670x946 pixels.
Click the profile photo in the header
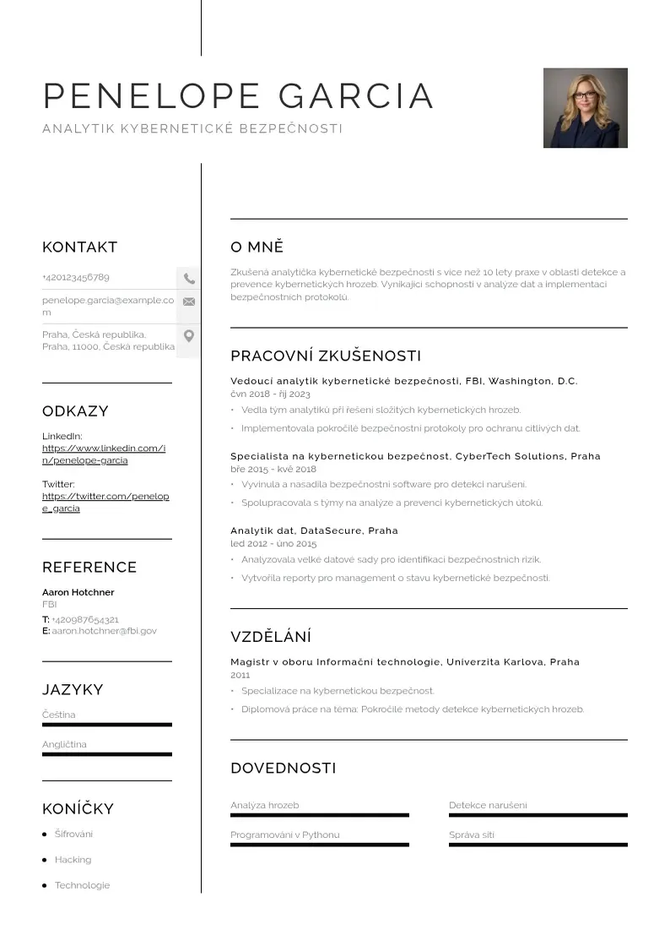click(x=585, y=108)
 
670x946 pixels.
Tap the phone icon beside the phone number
click(x=189, y=278)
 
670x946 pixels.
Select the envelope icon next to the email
click(x=189, y=302)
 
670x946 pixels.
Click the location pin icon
click(x=189, y=336)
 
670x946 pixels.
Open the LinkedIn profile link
click(x=104, y=454)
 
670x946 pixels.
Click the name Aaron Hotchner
click(x=78, y=592)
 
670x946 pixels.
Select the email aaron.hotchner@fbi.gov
click(x=105, y=631)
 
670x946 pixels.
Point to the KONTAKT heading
click(x=79, y=247)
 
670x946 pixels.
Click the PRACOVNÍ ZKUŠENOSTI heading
click(x=326, y=356)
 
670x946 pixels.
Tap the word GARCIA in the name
click(x=356, y=96)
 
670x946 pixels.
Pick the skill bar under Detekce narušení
click(x=538, y=815)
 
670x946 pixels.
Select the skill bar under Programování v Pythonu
click(x=319, y=845)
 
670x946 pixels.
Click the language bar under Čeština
click(x=106, y=725)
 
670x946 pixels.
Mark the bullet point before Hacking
click(x=45, y=860)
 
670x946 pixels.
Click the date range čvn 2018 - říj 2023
click(x=270, y=394)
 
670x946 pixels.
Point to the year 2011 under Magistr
click(x=240, y=675)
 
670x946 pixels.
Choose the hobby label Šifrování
click(x=74, y=834)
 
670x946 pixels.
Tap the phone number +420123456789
click(x=76, y=277)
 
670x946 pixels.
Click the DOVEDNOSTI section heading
click(x=284, y=768)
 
